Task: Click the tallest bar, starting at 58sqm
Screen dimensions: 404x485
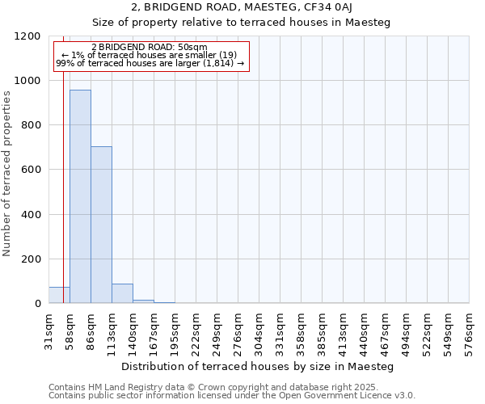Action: pos(80,196)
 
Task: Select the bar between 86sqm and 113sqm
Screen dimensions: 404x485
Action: pos(101,225)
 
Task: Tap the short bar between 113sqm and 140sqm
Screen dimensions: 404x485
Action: pos(122,293)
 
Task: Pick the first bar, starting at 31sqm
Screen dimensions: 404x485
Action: pos(59,295)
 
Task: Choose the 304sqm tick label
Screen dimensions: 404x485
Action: pos(259,330)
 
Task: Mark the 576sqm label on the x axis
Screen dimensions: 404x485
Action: pos(469,330)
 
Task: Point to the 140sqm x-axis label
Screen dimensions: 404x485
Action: pos(133,330)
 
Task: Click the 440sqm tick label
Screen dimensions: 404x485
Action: pos(364,330)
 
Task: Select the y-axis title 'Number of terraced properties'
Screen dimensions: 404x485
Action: pos(7,174)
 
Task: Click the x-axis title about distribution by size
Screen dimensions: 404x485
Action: pos(258,367)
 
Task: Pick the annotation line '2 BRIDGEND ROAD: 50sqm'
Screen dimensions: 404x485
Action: pos(150,48)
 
